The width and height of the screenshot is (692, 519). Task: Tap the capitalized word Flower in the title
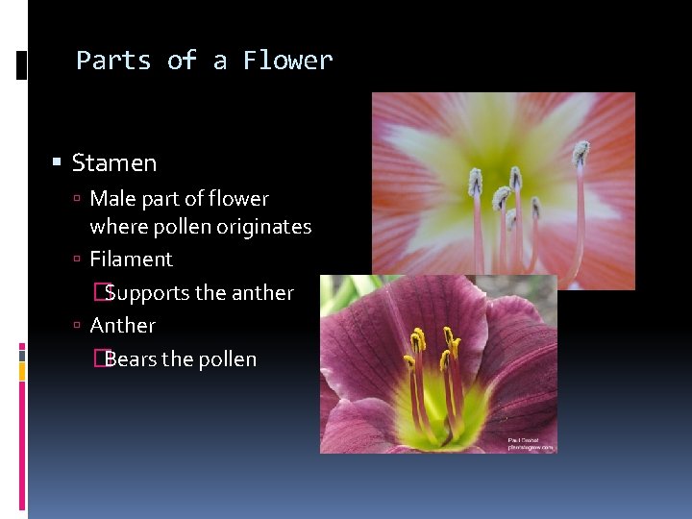[x=287, y=61]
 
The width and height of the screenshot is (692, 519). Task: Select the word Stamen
[x=114, y=163]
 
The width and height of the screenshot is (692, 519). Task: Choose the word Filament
[x=131, y=259]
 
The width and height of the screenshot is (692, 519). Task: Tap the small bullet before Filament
[x=77, y=259]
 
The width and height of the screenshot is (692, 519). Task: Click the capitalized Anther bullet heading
[x=122, y=325]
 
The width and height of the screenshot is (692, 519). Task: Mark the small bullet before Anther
[x=77, y=326]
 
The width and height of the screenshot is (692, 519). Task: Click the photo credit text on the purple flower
[x=531, y=442]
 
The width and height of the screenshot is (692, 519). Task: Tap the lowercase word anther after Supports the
[x=261, y=292]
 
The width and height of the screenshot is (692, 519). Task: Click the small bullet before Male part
[x=77, y=199]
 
